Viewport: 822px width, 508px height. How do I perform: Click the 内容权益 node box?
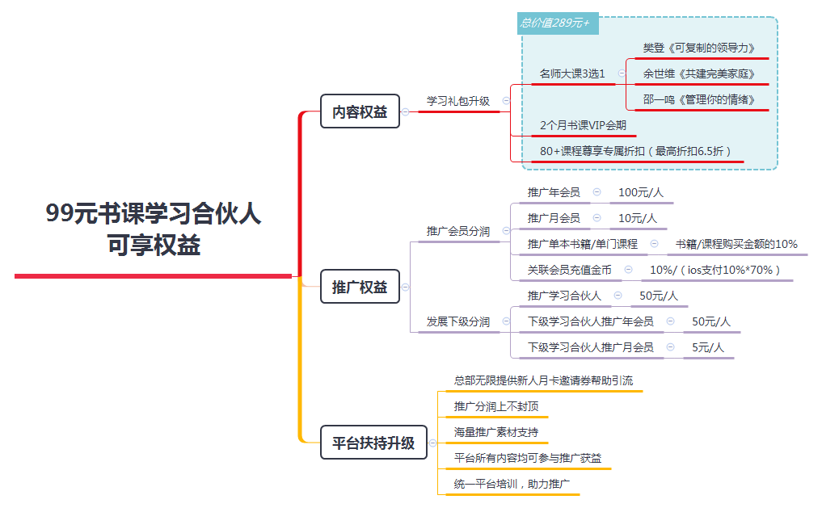coord(360,111)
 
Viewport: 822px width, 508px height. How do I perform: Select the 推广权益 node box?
coord(360,287)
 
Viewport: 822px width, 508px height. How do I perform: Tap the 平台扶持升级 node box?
coord(373,443)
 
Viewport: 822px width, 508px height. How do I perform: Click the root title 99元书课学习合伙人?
coord(153,213)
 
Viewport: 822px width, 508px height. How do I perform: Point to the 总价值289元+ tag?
coord(557,23)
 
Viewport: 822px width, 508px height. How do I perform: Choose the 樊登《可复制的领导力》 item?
coord(699,48)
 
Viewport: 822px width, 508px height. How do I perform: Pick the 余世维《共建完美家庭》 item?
coord(699,73)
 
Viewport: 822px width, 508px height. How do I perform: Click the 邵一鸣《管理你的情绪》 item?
coord(699,99)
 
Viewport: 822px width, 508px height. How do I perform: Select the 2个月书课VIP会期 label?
coord(583,125)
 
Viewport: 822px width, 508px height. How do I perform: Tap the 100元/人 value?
coord(641,192)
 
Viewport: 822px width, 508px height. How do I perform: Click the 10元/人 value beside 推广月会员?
coord(638,218)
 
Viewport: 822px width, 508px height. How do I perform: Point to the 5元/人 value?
coord(708,347)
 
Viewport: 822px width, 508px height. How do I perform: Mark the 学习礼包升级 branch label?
coord(458,101)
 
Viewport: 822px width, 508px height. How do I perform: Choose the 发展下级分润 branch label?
coord(458,321)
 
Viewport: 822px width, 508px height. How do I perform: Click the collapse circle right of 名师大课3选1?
coord(622,73)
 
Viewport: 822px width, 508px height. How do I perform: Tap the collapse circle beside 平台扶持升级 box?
coord(432,443)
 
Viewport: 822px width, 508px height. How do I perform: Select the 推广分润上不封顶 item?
coord(496,406)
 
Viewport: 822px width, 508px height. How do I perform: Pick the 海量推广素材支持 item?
coord(496,432)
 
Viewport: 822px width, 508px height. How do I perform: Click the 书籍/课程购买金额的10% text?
coord(736,244)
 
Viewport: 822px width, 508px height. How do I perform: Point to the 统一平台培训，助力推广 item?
coord(512,484)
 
